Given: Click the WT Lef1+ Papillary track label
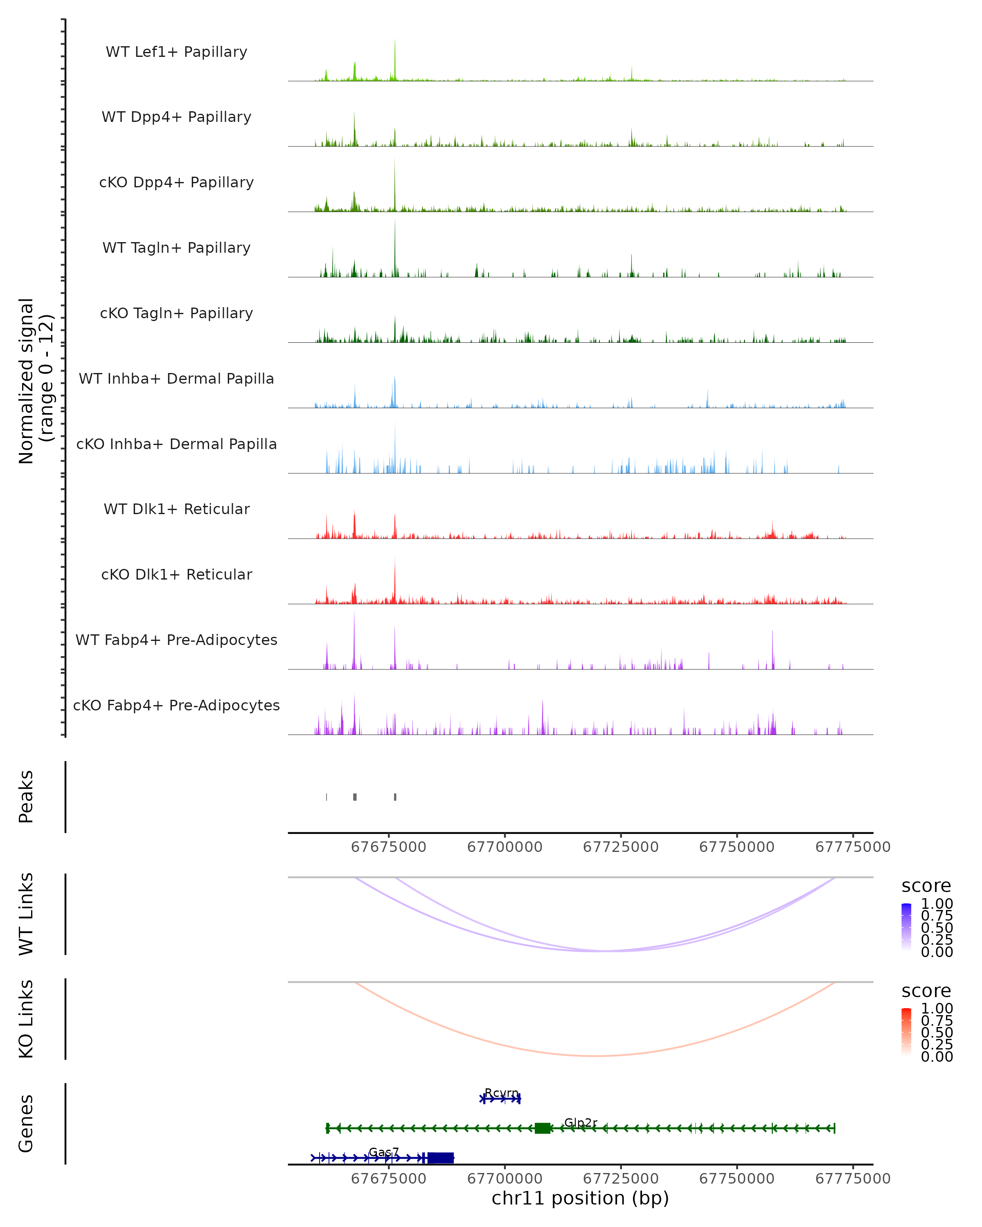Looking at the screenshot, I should (176, 52).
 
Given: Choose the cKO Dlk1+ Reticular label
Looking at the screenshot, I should (176, 574).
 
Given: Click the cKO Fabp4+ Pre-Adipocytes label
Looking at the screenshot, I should (176, 705).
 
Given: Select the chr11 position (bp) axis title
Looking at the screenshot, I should (580, 1198).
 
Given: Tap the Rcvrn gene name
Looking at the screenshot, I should (502, 1093).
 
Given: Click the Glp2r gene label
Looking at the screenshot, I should (581, 1122).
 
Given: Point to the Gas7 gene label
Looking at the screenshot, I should (384, 1152).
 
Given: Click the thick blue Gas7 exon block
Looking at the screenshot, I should (441, 1157).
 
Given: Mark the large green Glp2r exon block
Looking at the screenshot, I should (543, 1128).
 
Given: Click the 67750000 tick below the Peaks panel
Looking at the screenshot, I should (736, 847).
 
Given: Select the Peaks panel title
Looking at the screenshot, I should (26, 797).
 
